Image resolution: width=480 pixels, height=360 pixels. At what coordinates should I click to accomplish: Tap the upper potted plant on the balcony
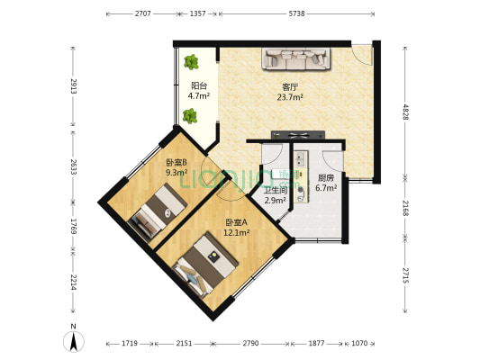click(191, 62)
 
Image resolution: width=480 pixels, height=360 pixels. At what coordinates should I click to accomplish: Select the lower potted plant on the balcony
click(190, 115)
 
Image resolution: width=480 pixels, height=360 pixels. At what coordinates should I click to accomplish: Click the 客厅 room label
click(289, 87)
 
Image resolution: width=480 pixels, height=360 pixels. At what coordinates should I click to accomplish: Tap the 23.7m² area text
click(290, 97)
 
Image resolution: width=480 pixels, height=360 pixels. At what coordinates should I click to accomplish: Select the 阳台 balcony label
click(198, 85)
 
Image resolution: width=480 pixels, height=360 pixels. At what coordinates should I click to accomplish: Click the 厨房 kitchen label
click(326, 178)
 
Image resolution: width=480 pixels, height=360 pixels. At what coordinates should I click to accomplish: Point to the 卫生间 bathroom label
click(276, 190)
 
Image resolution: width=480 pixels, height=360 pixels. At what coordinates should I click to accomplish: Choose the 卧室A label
click(237, 222)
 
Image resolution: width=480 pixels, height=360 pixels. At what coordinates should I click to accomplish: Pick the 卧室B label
click(176, 162)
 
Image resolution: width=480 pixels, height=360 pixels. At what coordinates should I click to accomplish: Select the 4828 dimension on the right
click(405, 112)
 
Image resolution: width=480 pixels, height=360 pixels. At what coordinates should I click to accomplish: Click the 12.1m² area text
click(237, 232)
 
